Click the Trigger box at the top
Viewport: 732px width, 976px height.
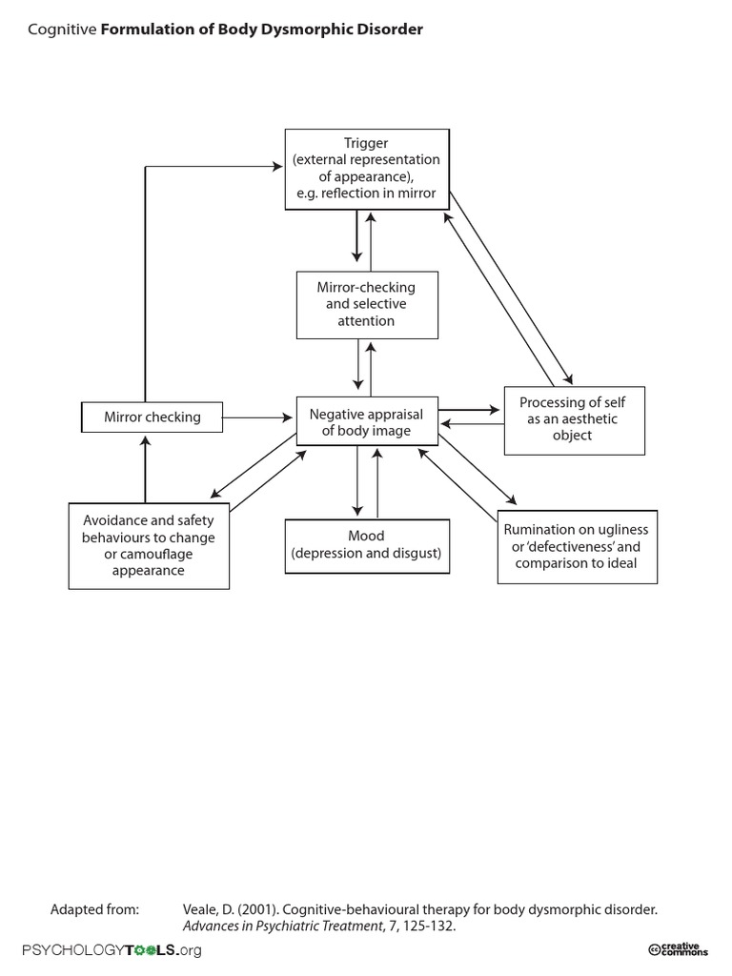pyautogui.click(x=366, y=169)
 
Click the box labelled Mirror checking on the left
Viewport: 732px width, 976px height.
pyautogui.click(x=152, y=417)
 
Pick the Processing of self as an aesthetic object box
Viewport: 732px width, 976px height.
pyautogui.click(x=575, y=419)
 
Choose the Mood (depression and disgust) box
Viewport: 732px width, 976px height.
pyautogui.click(x=367, y=545)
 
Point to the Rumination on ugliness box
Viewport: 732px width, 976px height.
pyautogui.click(x=577, y=546)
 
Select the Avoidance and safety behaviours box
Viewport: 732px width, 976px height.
pyautogui.click(x=149, y=546)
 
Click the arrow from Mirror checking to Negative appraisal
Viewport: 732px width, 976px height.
pyautogui.click(x=257, y=417)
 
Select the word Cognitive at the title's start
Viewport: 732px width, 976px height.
pyautogui.click(x=62, y=30)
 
